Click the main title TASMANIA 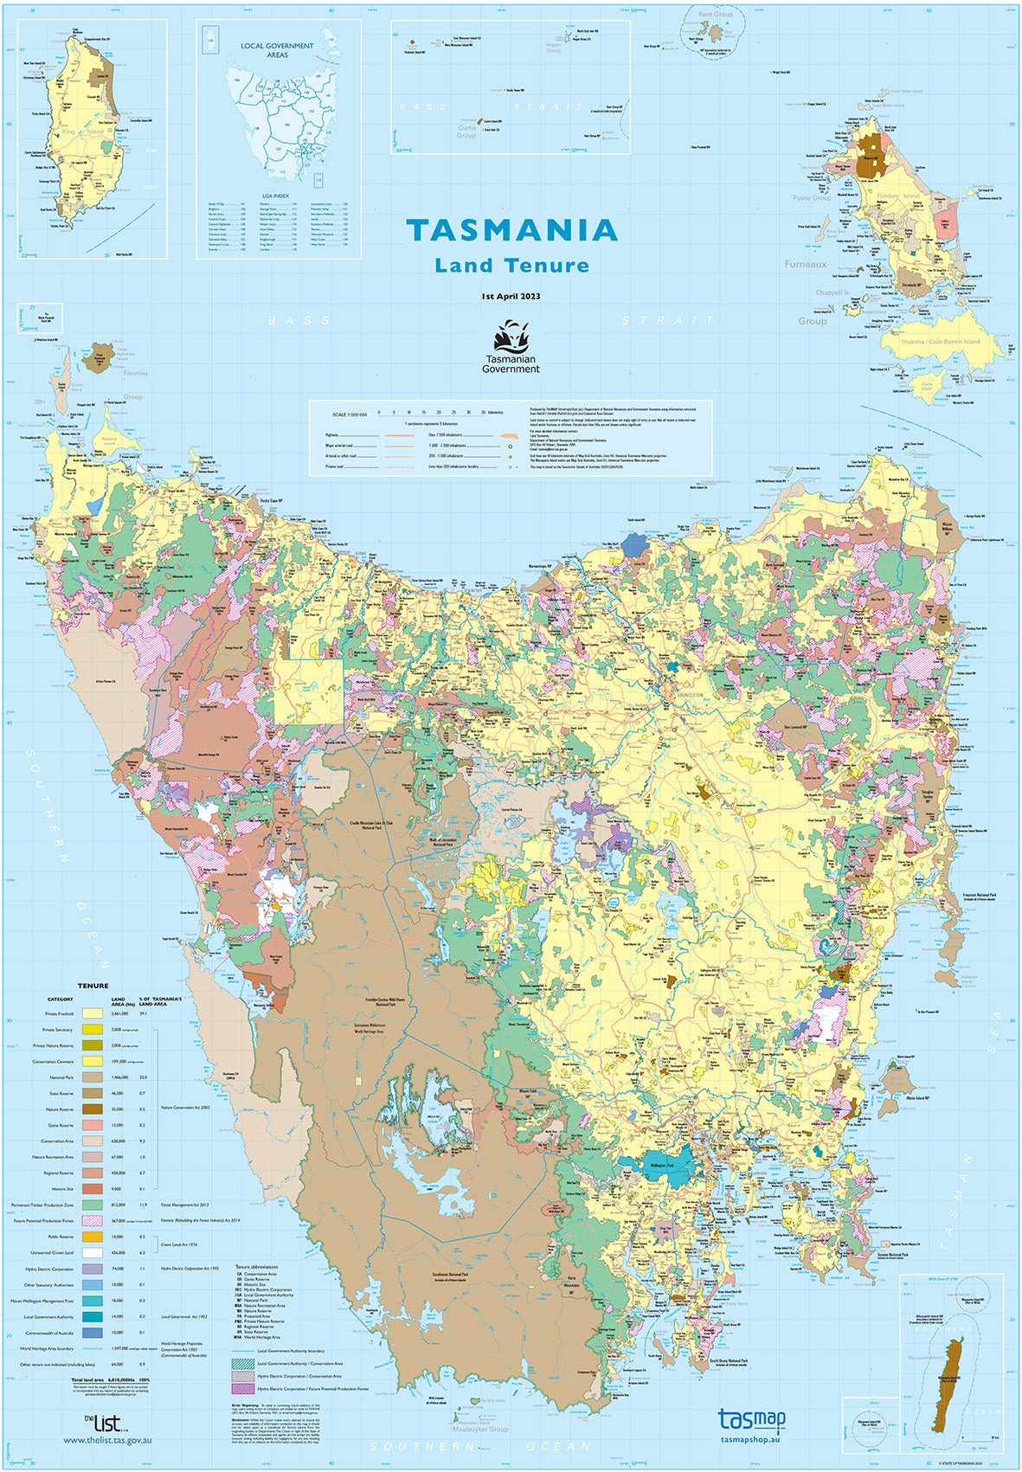(512, 230)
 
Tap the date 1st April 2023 (511, 296)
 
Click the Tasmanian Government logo (511, 345)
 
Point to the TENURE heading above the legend (93, 986)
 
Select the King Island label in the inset (69, 132)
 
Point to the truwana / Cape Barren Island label (941, 341)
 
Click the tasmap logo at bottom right (751, 1419)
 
